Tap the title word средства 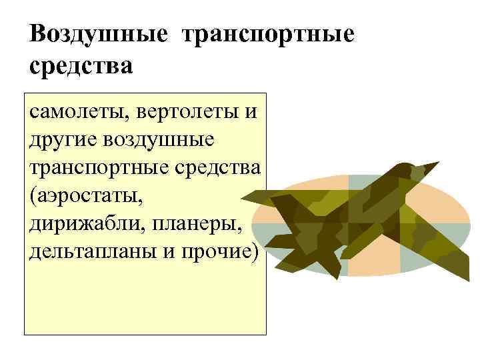pyautogui.click(x=81, y=67)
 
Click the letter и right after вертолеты pyautogui.click(x=249, y=111)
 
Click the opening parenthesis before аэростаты pyautogui.click(x=33, y=196)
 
